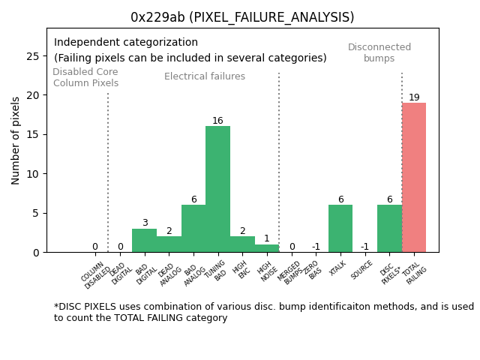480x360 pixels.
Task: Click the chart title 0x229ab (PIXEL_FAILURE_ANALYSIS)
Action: pos(242,17)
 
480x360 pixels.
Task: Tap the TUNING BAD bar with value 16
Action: pos(217,189)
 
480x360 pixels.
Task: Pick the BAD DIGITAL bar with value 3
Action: pos(144,240)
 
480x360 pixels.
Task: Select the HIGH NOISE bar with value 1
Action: pos(267,248)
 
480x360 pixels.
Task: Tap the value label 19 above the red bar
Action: pos(414,97)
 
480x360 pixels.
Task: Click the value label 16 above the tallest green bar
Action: pos(217,121)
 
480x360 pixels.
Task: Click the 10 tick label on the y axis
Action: pos(34,174)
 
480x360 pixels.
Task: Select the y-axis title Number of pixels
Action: pos(16,140)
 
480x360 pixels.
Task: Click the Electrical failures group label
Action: pos(205,76)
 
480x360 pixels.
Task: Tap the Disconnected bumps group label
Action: pos(379,52)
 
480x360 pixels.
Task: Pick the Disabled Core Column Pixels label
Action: pos(85,77)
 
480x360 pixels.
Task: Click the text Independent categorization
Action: pos(126,43)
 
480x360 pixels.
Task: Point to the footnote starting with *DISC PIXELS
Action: pos(263,312)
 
